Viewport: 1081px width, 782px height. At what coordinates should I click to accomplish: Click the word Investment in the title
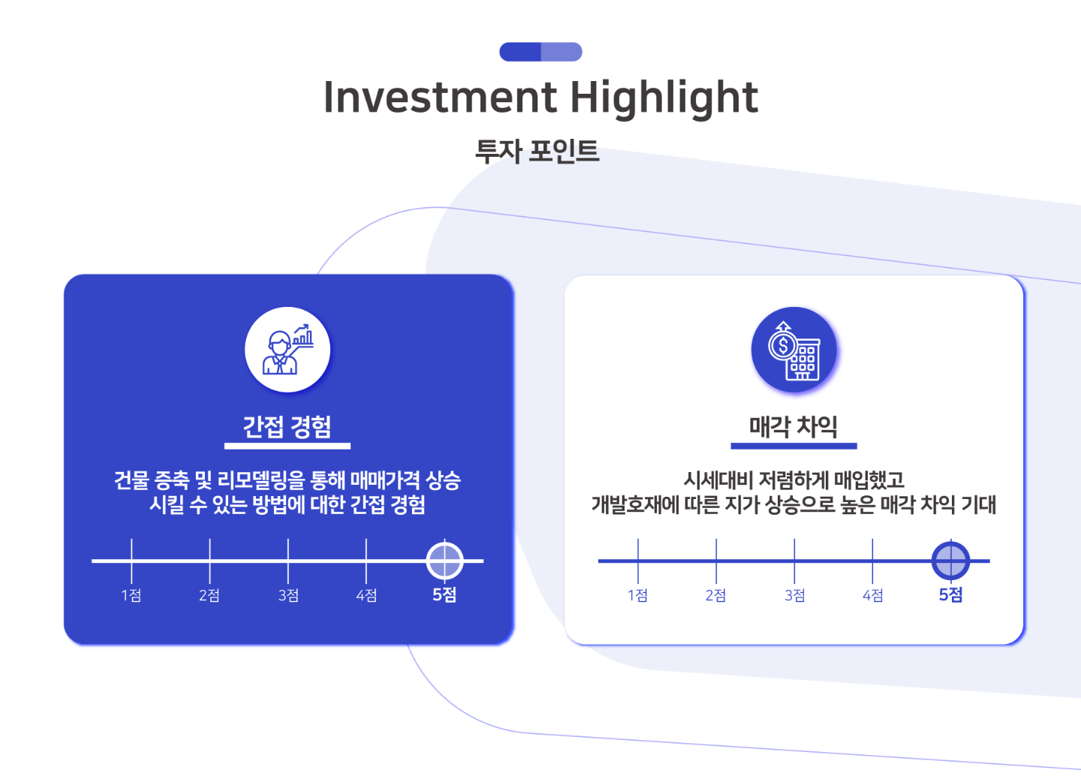click(441, 98)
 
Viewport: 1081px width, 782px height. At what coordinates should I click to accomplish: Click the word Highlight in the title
click(664, 99)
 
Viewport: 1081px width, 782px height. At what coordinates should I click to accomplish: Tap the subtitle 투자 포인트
click(537, 151)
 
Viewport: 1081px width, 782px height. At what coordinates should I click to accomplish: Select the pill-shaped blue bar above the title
click(540, 52)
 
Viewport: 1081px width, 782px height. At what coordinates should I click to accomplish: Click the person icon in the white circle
click(288, 350)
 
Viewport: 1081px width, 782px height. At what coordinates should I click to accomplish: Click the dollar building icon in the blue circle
click(794, 350)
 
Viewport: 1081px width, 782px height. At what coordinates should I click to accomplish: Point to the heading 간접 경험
click(287, 427)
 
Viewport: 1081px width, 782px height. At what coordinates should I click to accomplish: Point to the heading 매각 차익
click(793, 427)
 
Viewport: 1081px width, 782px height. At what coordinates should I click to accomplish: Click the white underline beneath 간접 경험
click(287, 447)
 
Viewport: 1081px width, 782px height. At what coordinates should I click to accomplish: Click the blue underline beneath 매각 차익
click(794, 447)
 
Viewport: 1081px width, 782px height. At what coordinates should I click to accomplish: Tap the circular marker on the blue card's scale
click(444, 561)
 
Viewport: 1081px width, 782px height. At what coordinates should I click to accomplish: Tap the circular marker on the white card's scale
click(950, 561)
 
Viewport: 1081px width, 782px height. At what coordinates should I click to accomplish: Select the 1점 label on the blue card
click(131, 595)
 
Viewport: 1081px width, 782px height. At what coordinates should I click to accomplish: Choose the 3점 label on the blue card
click(288, 595)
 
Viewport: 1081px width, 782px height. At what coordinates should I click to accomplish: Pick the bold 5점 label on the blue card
click(444, 595)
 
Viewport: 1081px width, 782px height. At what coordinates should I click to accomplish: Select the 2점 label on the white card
click(715, 595)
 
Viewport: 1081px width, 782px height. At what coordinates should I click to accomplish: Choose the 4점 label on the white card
click(872, 595)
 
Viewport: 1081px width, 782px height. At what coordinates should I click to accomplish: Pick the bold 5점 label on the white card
click(950, 595)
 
